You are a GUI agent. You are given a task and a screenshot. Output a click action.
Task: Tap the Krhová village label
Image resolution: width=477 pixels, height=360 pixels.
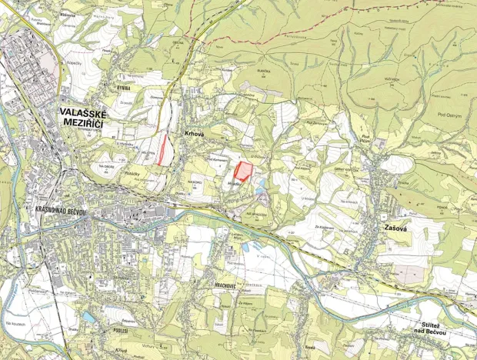(x=193, y=133)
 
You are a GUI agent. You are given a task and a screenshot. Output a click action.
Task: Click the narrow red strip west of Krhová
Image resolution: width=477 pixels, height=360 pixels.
(x=163, y=149)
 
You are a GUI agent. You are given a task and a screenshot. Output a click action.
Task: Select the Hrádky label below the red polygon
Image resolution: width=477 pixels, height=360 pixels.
(x=236, y=186)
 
